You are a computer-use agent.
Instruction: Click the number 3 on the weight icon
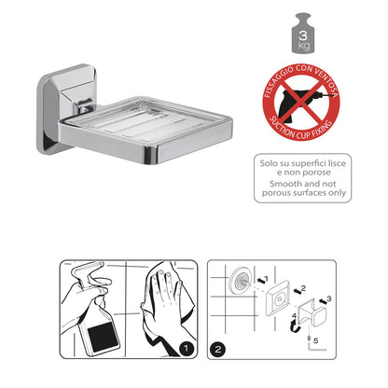(x=303, y=35)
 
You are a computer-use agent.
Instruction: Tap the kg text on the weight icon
(x=304, y=46)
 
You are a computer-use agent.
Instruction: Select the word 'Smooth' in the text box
(x=285, y=184)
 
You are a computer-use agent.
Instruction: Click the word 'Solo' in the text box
(x=270, y=163)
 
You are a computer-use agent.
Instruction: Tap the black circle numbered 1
(x=186, y=349)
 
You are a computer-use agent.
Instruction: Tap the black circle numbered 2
(x=217, y=349)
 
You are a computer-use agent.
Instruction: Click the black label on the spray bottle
(x=103, y=338)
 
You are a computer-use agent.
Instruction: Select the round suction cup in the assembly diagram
(x=240, y=280)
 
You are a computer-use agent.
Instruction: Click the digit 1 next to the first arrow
(x=266, y=279)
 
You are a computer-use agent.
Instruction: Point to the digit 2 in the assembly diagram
(x=303, y=288)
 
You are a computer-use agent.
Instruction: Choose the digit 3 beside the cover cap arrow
(x=329, y=298)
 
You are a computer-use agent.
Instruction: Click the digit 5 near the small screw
(x=316, y=340)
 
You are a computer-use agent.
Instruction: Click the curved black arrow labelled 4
(x=293, y=327)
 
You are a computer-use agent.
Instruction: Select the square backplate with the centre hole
(x=277, y=299)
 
